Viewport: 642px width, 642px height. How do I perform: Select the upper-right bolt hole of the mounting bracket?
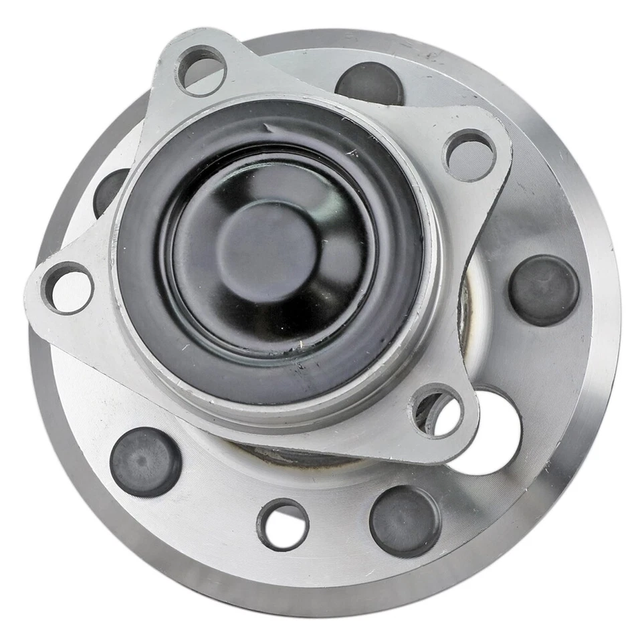(469, 154)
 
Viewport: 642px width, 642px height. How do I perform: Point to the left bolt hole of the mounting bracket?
(68, 289)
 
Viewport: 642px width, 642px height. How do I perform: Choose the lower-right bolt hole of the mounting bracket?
(437, 411)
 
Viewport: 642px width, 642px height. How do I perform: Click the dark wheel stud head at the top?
(370, 84)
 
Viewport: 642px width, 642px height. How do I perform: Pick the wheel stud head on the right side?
(543, 290)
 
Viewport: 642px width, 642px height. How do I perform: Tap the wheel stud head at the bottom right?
(405, 521)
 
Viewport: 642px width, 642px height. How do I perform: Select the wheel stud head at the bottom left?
(145, 461)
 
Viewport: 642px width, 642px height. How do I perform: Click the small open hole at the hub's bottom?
(282, 525)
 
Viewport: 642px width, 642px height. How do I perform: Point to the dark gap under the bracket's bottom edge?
(294, 455)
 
